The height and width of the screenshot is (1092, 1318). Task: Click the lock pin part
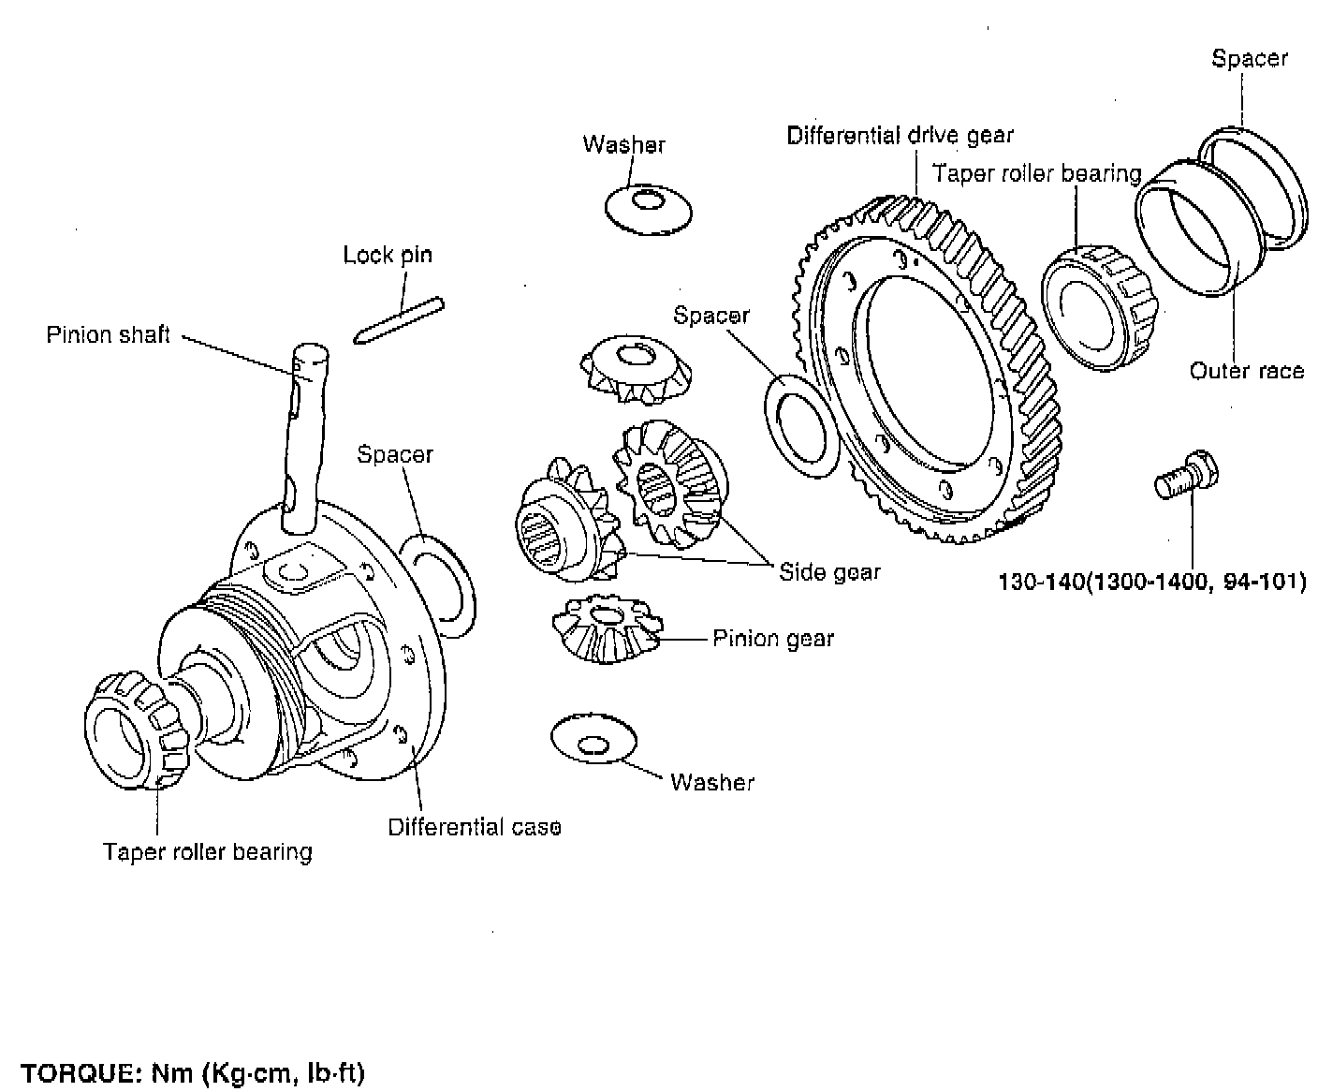pyautogui.click(x=399, y=320)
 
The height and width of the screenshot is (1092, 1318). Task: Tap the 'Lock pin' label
pyautogui.click(x=388, y=255)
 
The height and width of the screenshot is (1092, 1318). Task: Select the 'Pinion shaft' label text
pyautogui.click(x=109, y=334)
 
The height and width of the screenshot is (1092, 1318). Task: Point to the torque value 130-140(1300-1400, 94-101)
pyautogui.click(x=1151, y=581)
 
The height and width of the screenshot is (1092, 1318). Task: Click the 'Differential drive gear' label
pyautogui.click(x=900, y=136)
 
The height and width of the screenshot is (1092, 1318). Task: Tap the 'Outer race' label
pyautogui.click(x=1246, y=371)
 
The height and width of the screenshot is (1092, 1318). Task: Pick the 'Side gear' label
pyautogui.click(x=829, y=571)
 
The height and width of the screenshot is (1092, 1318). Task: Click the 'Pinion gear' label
pyautogui.click(x=773, y=639)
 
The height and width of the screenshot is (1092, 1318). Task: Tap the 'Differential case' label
pyautogui.click(x=475, y=827)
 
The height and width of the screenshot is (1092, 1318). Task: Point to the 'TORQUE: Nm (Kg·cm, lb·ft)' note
pyautogui.click(x=193, y=1072)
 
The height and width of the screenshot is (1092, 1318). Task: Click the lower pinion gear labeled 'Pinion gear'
pyautogui.click(x=604, y=629)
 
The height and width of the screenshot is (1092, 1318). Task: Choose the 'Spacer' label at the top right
pyautogui.click(x=1250, y=58)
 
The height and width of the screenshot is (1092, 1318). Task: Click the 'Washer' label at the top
pyautogui.click(x=623, y=144)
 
